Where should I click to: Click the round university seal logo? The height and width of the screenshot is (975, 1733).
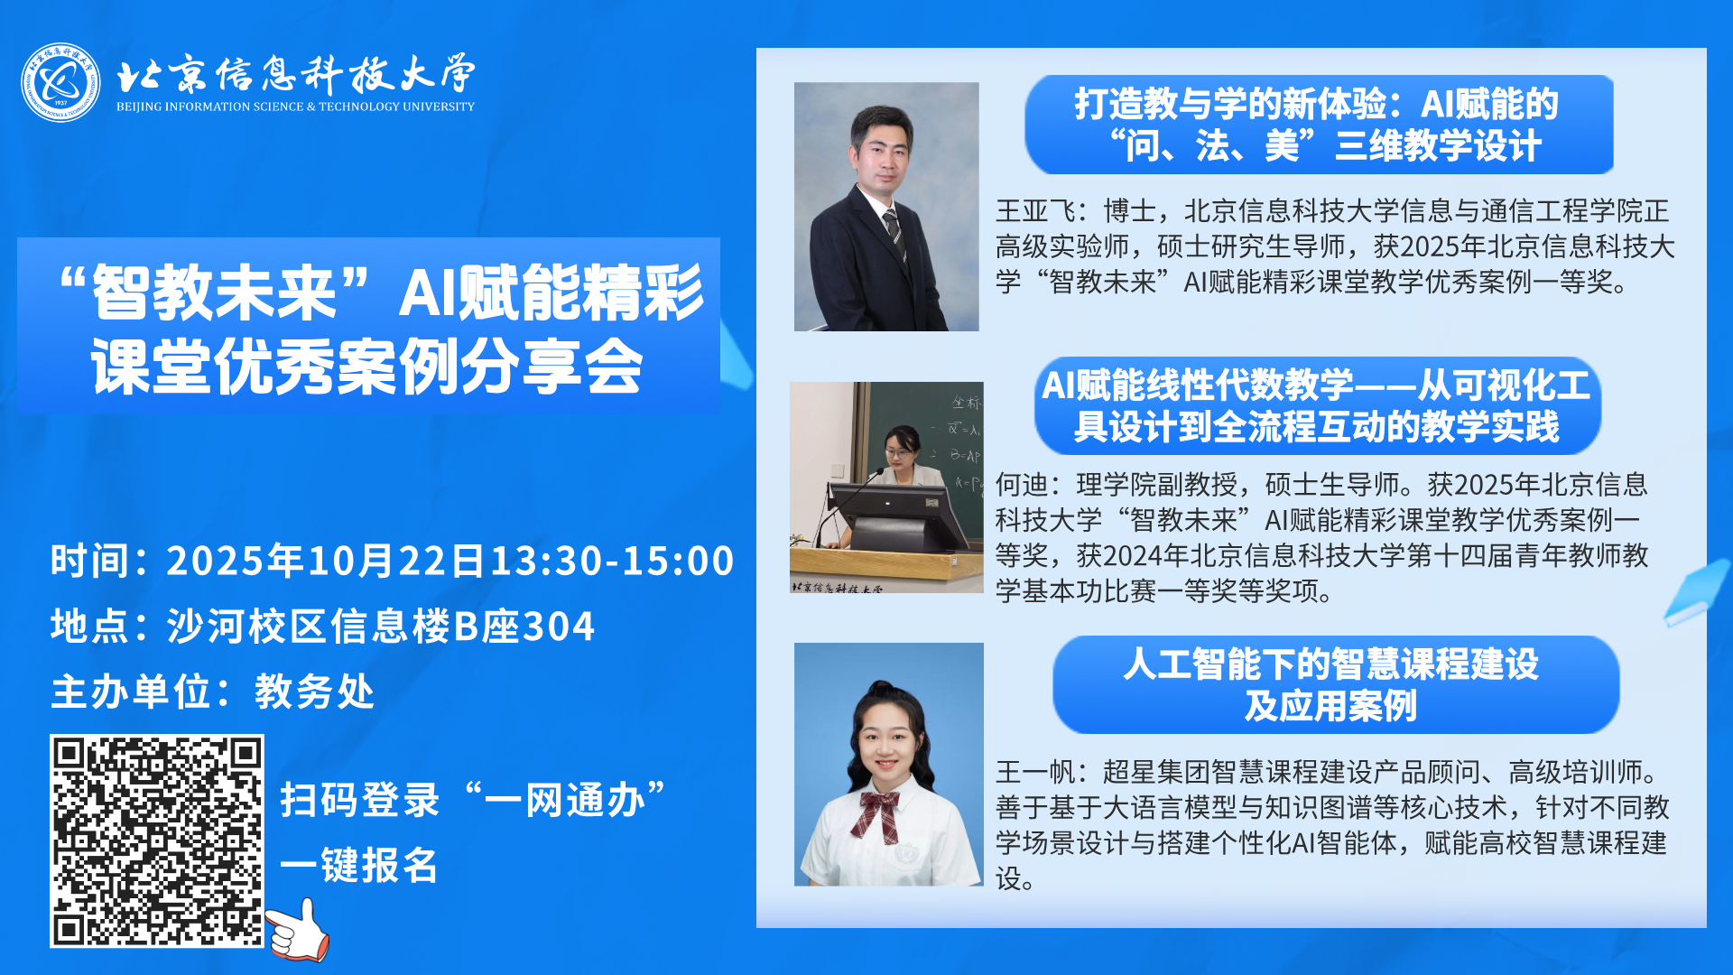[60, 82]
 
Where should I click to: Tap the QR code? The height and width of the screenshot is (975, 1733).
[157, 840]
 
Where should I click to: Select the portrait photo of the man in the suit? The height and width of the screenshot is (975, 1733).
[886, 207]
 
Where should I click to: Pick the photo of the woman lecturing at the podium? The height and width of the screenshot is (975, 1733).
[886, 487]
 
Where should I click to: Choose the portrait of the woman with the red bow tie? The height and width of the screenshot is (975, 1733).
[889, 764]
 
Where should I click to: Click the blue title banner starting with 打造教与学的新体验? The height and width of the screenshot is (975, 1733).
[1319, 125]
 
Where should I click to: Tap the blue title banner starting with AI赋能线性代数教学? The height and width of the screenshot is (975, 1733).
[1317, 405]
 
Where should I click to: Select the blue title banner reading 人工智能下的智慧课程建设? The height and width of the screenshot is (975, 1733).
[1336, 684]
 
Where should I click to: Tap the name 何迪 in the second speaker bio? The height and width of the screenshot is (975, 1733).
[1022, 485]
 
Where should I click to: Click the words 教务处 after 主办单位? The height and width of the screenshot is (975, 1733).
[314, 692]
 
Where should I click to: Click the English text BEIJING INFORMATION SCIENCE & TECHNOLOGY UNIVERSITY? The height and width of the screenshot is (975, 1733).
[295, 107]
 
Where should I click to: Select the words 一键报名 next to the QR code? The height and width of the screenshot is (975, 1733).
[359, 866]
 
